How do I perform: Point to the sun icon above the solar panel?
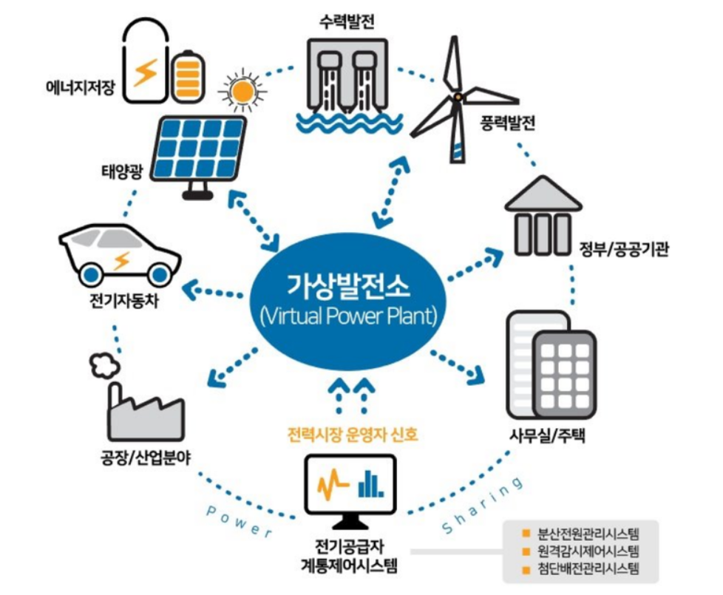pos(240,91)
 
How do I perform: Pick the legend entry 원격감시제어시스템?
pos(588,551)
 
